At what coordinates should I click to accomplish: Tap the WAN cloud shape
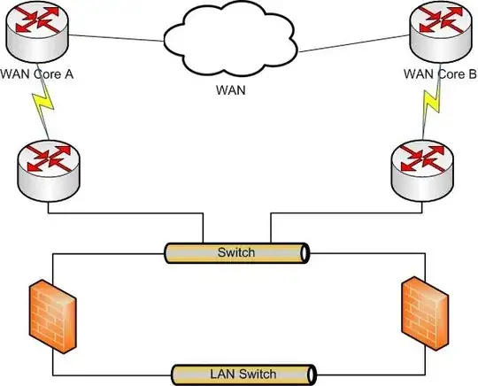pyautogui.click(x=233, y=42)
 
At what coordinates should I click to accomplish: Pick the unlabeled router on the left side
pyautogui.click(x=47, y=167)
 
